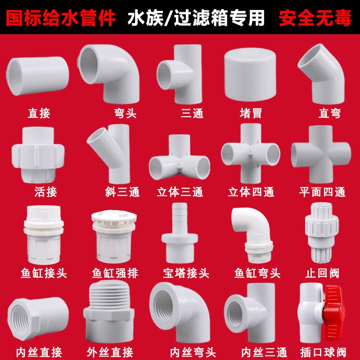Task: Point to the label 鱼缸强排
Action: (110, 273)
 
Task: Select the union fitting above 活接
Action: (36, 153)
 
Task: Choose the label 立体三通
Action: (180, 192)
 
